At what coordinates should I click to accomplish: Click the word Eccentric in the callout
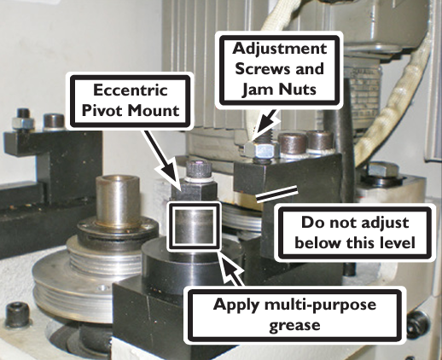click(131, 90)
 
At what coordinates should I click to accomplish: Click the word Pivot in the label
click(102, 111)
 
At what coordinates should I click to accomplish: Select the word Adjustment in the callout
click(280, 49)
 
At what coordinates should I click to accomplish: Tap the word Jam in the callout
click(254, 89)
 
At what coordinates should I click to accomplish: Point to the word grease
click(294, 324)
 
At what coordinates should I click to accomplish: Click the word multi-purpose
click(321, 305)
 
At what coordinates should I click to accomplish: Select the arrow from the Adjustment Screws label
click(264, 124)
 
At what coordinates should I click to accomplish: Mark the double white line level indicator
click(277, 195)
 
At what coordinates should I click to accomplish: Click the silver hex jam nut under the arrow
click(262, 149)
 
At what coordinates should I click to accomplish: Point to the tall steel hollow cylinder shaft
click(118, 200)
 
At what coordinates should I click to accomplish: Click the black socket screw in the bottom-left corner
click(17, 314)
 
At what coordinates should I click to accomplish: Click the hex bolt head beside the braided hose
click(381, 169)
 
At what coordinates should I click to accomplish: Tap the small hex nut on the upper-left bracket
click(23, 123)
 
